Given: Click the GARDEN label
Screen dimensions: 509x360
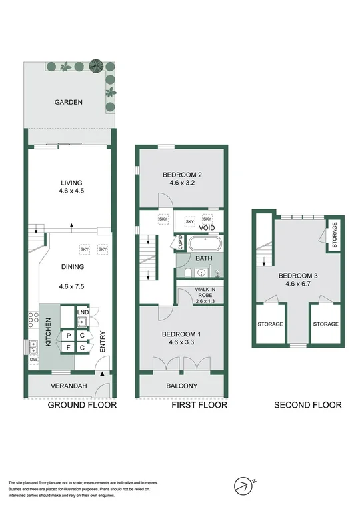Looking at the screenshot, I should (x=69, y=102).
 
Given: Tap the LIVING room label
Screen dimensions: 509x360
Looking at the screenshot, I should (x=71, y=183).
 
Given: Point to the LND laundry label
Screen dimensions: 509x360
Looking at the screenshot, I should (x=82, y=312).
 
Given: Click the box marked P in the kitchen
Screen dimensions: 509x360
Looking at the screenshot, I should (x=67, y=336).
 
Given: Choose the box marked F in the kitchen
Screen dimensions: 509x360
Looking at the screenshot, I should (x=67, y=347).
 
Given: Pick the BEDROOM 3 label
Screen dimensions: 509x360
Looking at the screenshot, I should (x=297, y=276).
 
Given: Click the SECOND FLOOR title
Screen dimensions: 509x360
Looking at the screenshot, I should (x=309, y=405).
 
